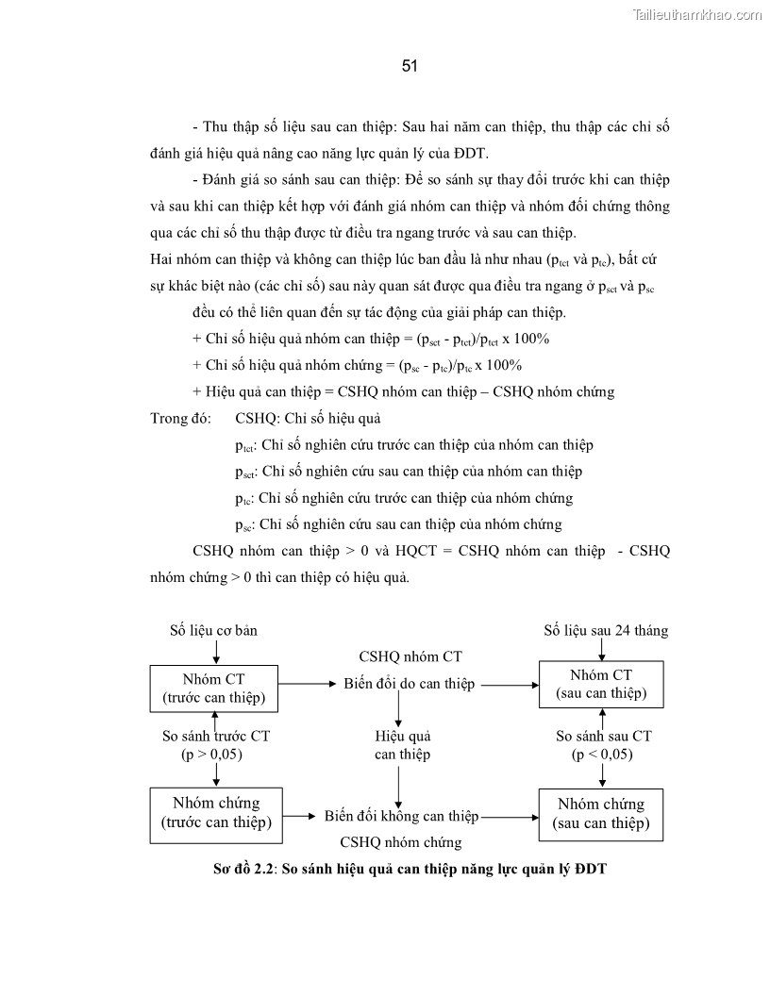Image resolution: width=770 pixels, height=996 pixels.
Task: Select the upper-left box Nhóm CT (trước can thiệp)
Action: (x=215, y=688)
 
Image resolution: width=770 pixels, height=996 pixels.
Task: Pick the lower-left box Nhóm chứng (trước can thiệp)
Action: (x=217, y=814)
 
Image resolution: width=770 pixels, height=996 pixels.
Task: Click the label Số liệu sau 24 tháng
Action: (x=606, y=630)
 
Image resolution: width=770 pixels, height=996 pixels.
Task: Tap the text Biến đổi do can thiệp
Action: (x=409, y=684)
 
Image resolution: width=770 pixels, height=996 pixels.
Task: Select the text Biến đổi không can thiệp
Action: (x=401, y=816)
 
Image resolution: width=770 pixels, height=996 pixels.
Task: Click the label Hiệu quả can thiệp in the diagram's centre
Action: (x=402, y=745)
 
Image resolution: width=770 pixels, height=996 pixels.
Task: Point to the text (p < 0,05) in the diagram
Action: (x=602, y=755)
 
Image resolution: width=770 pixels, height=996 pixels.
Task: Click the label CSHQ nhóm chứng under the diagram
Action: (x=401, y=842)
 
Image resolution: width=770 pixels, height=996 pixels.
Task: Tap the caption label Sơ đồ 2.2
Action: (x=243, y=870)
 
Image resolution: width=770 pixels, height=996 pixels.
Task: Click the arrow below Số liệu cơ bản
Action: (x=216, y=652)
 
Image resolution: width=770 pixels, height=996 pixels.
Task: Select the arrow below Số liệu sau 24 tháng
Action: (x=602, y=651)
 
